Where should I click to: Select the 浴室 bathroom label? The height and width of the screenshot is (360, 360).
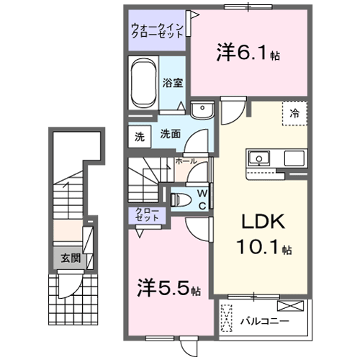coord(171,83)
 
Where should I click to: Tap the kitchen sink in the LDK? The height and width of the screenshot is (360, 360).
coord(258,158)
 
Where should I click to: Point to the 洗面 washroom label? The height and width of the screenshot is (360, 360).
coord(169,134)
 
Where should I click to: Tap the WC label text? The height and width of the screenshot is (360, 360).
coord(204,197)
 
